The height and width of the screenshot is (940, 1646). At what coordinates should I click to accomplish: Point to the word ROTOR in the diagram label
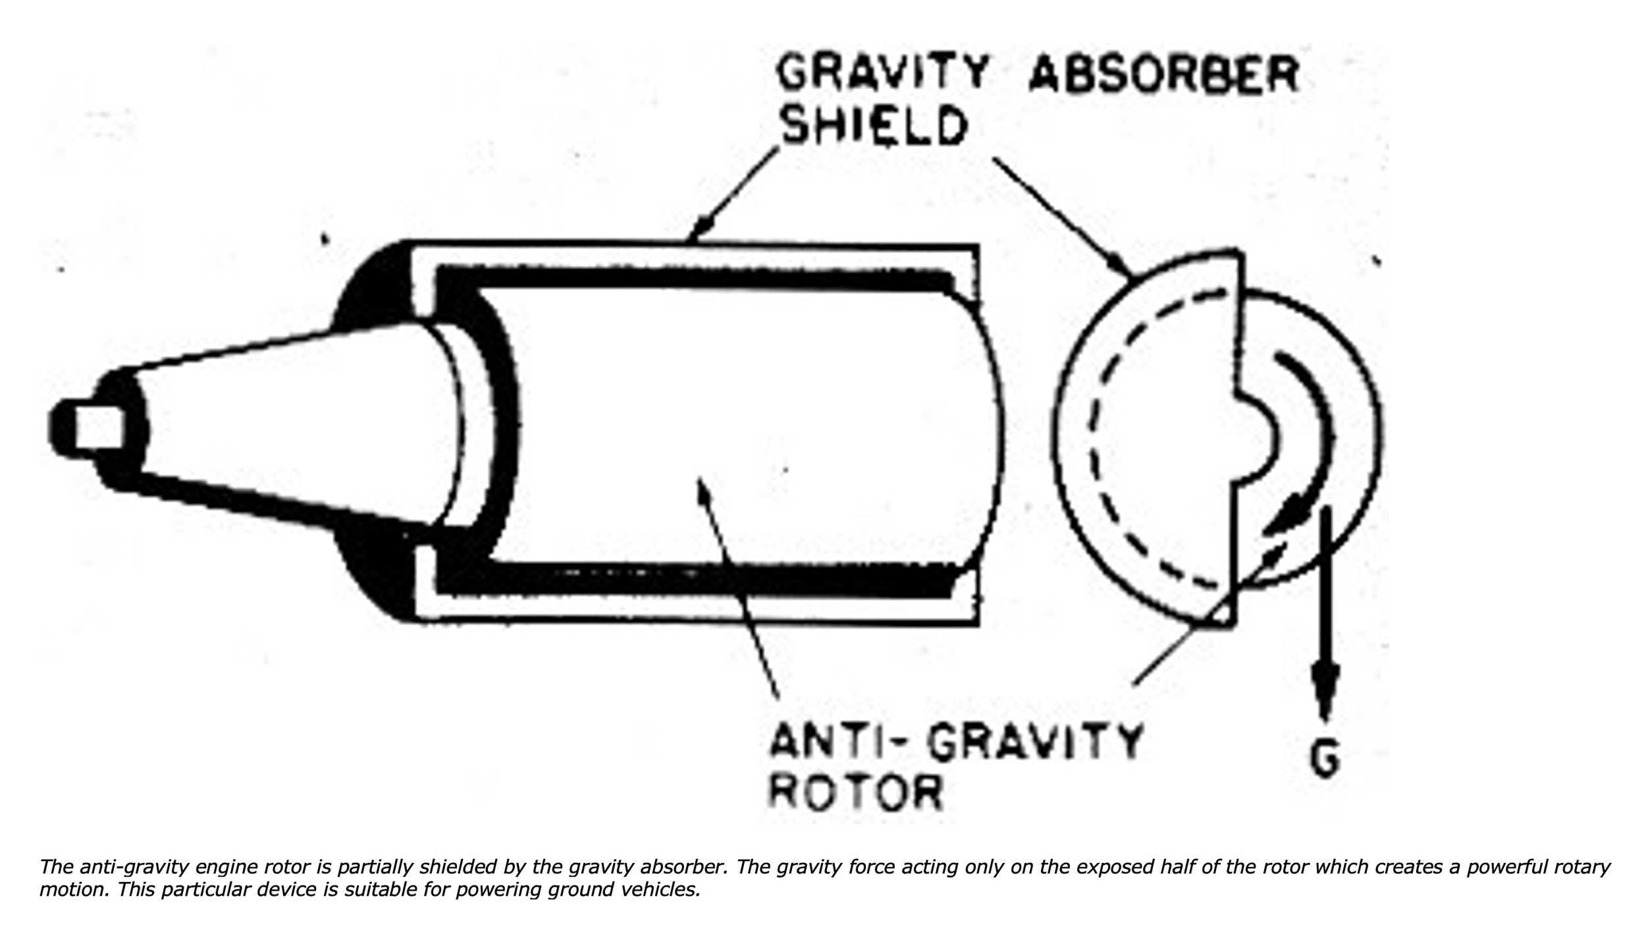coord(856,792)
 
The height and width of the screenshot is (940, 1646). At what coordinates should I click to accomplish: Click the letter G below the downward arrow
coord(1325,760)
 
